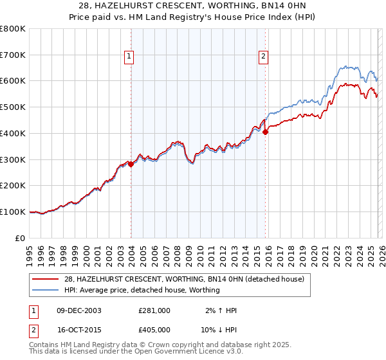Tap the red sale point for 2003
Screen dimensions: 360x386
click(131, 164)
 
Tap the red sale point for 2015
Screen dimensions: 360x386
click(265, 132)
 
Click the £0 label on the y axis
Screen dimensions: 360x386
click(21, 238)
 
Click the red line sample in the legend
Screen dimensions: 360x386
click(46, 279)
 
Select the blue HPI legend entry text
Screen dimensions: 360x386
click(142, 290)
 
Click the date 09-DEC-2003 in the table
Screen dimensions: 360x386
click(78, 310)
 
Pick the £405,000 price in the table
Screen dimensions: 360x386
click(154, 328)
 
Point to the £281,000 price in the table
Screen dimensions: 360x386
click(154, 310)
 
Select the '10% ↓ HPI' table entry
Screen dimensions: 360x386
click(219, 328)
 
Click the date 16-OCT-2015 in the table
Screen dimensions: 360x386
click(78, 328)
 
